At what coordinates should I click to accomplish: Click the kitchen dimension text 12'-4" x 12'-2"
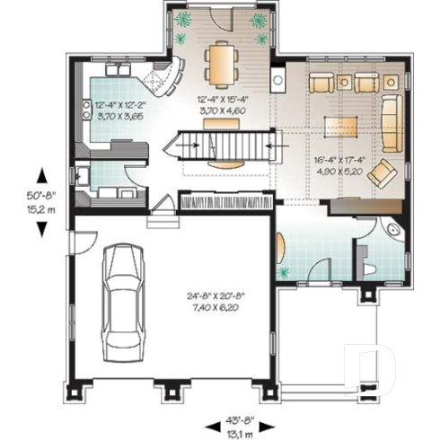120,110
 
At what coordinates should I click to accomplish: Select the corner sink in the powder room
392,230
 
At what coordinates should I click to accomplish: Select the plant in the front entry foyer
287,267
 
